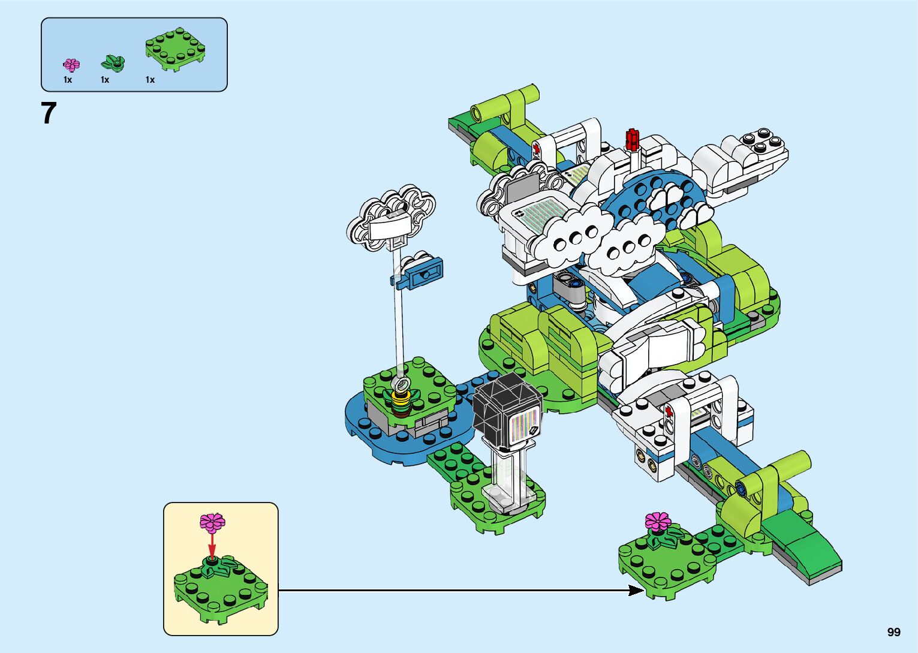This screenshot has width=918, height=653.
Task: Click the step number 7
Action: coord(49,113)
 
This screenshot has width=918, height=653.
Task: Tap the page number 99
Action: coord(893,632)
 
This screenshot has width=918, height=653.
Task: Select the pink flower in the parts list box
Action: coord(71,64)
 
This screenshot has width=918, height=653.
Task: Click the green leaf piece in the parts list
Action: coord(113,61)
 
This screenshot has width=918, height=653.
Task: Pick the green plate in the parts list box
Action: coord(176,49)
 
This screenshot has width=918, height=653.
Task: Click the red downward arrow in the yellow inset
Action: coord(212,544)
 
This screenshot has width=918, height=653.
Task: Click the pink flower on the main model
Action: coord(658,521)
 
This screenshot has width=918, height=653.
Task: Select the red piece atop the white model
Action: coord(631,139)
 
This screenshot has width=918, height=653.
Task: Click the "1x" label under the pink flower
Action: coord(68,80)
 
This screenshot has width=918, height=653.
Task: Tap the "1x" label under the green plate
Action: coord(150,80)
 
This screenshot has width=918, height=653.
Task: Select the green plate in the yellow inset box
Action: coord(221,591)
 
